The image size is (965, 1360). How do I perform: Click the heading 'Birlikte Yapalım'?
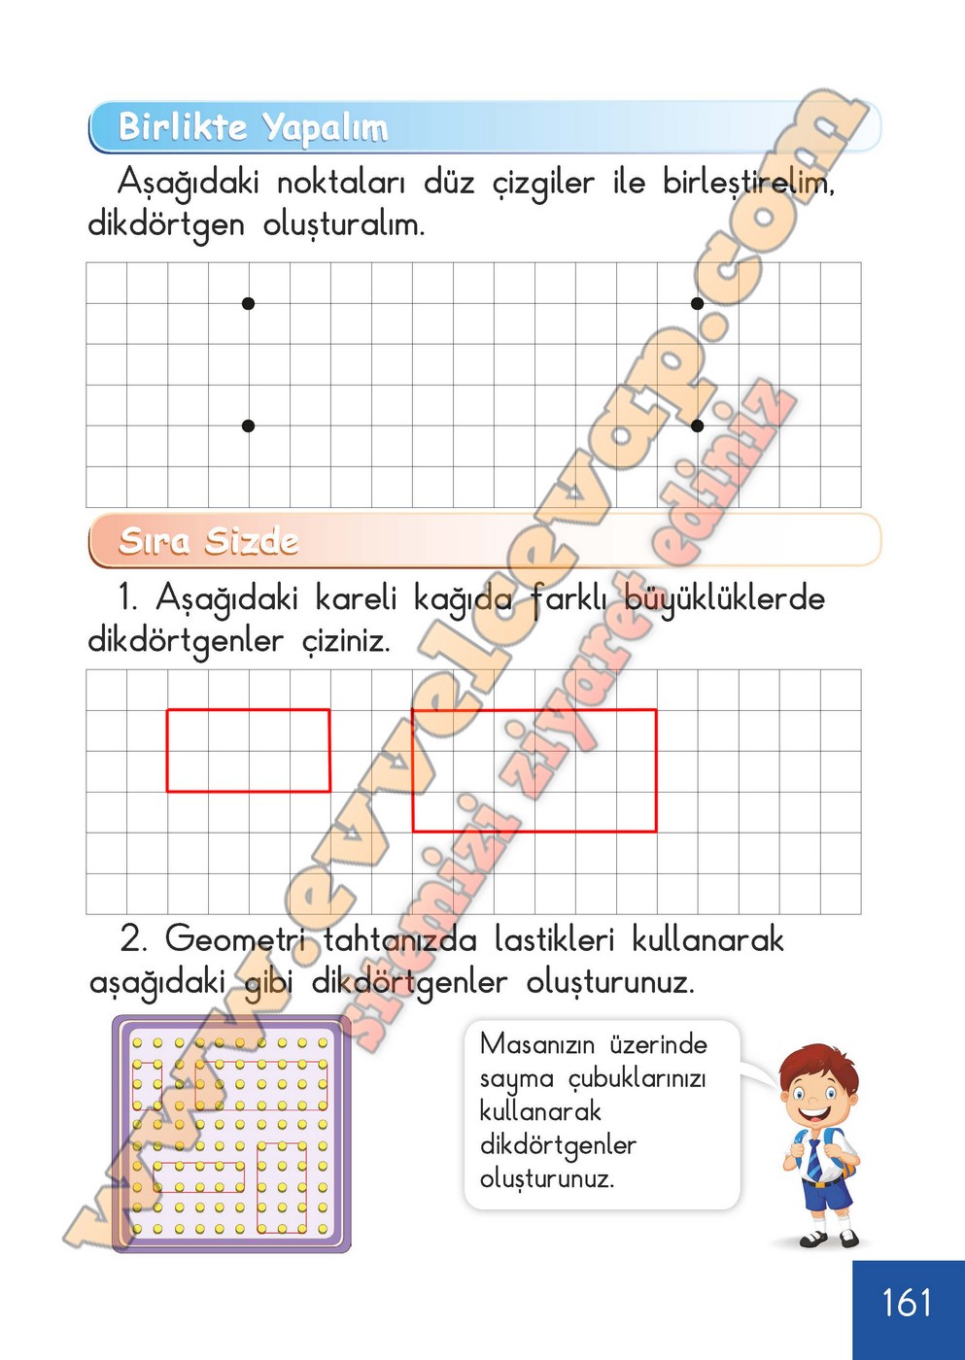pyautogui.click(x=253, y=127)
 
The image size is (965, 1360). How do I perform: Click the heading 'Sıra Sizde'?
pyautogui.click(x=208, y=540)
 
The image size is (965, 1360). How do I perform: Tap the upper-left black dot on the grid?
pyautogui.click(x=248, y=303)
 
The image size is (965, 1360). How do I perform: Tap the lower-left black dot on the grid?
pyautogui.click(x=248, y=425)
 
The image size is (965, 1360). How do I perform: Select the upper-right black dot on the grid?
pyautogui.click(x=697, y=303)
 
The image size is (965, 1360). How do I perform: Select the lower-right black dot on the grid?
pyautogui.click(x=697, y=425)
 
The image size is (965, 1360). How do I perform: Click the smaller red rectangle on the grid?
pyautogui.click(x=248, y=750)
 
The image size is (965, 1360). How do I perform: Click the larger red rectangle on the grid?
pyautogui.click(x=534, y=770)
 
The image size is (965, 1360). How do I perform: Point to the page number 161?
pyautogui.click(x=907, y=1303)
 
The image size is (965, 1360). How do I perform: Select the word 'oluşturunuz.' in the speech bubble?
pyautogui.click(x=546, y=1179)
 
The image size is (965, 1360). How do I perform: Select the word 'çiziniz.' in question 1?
pyautogui.click(x=345, y=641)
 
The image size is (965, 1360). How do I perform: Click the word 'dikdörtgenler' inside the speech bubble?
pyautogui.click(x=558, y=1146)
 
